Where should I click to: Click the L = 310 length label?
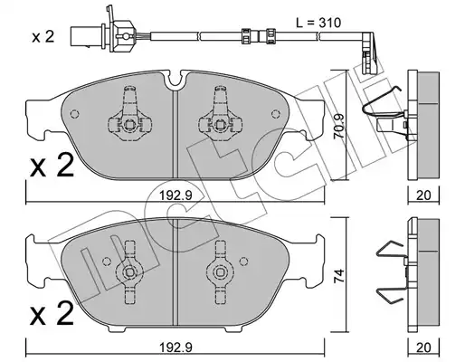click(318, 23)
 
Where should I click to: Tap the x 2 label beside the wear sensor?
click(43, 37)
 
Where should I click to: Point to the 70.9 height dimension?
click(339, 127)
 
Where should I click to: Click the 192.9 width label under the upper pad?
click(176, 196)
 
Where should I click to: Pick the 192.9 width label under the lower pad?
click(176, 348)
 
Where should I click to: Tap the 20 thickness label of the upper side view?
click(423, 195)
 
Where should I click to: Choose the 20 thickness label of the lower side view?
click(423, 348)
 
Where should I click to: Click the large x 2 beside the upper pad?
click(52, 165)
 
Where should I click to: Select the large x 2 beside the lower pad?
click(52, 313)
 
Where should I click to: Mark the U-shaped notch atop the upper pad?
click(176, 79)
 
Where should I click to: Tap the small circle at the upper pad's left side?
click(74, 114)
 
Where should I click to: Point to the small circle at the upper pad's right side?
click(275, 114)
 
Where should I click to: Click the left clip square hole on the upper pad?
click(129, 124)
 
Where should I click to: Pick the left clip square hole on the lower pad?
click(129, 272)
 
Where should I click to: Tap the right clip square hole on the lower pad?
click(221, 272)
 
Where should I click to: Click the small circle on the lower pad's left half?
click(107, 262)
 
